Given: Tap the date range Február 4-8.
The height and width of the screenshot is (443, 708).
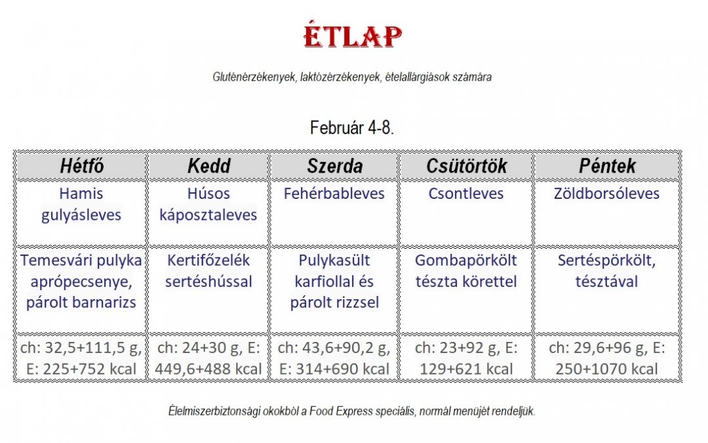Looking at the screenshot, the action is (352, 128).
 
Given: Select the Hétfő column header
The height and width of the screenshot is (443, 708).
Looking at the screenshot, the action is (82, 166).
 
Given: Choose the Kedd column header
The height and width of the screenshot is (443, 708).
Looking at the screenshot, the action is (208, 166).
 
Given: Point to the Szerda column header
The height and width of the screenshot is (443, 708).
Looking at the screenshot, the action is (334, 166).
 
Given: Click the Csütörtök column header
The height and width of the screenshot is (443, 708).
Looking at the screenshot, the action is (467, 166).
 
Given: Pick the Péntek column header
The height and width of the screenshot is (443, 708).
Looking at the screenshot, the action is (607, 166).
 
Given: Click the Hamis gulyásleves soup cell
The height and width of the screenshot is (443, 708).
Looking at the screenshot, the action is (81, 204).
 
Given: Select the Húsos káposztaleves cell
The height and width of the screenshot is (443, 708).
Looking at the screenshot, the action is (208, 204).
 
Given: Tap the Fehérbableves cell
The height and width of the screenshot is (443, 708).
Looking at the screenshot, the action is (334, 194).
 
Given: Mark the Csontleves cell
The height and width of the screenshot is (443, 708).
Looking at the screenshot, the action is (466, 194).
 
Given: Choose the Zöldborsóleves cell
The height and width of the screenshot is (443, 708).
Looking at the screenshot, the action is (607, 194).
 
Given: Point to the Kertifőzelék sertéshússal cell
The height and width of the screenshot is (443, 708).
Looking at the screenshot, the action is (208, 271).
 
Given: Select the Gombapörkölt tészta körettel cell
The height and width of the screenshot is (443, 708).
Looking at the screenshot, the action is (466, 271).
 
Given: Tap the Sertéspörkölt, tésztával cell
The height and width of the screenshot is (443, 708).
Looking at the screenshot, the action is (607, 271).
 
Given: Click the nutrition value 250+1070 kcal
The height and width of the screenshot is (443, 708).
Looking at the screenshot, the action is (606, 369).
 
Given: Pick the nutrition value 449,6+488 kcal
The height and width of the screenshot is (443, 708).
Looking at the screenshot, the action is (208, 369).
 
